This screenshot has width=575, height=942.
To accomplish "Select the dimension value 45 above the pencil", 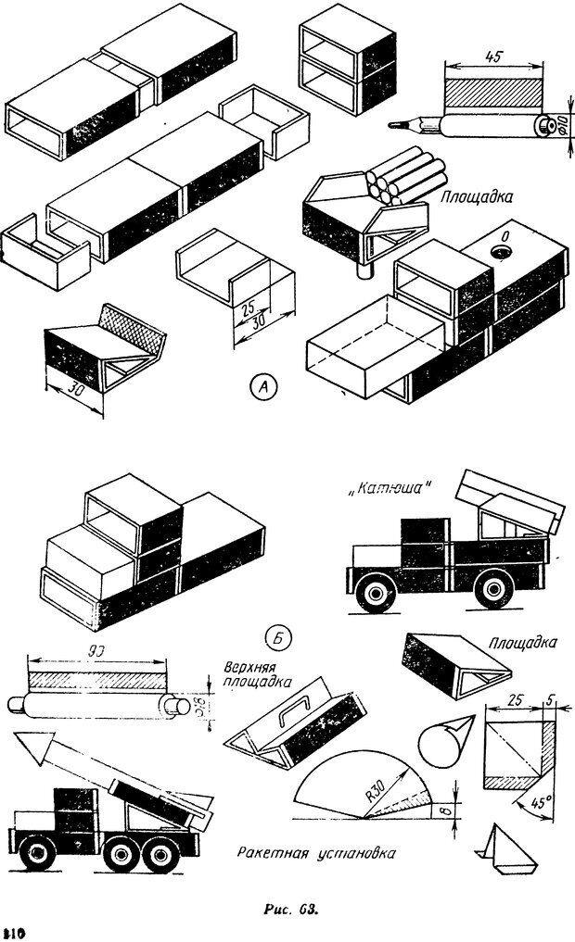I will tap(493, 57).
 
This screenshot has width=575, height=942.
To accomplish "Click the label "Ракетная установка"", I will tap(315, 854).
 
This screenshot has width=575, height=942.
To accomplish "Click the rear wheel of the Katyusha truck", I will tap(492, 592).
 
